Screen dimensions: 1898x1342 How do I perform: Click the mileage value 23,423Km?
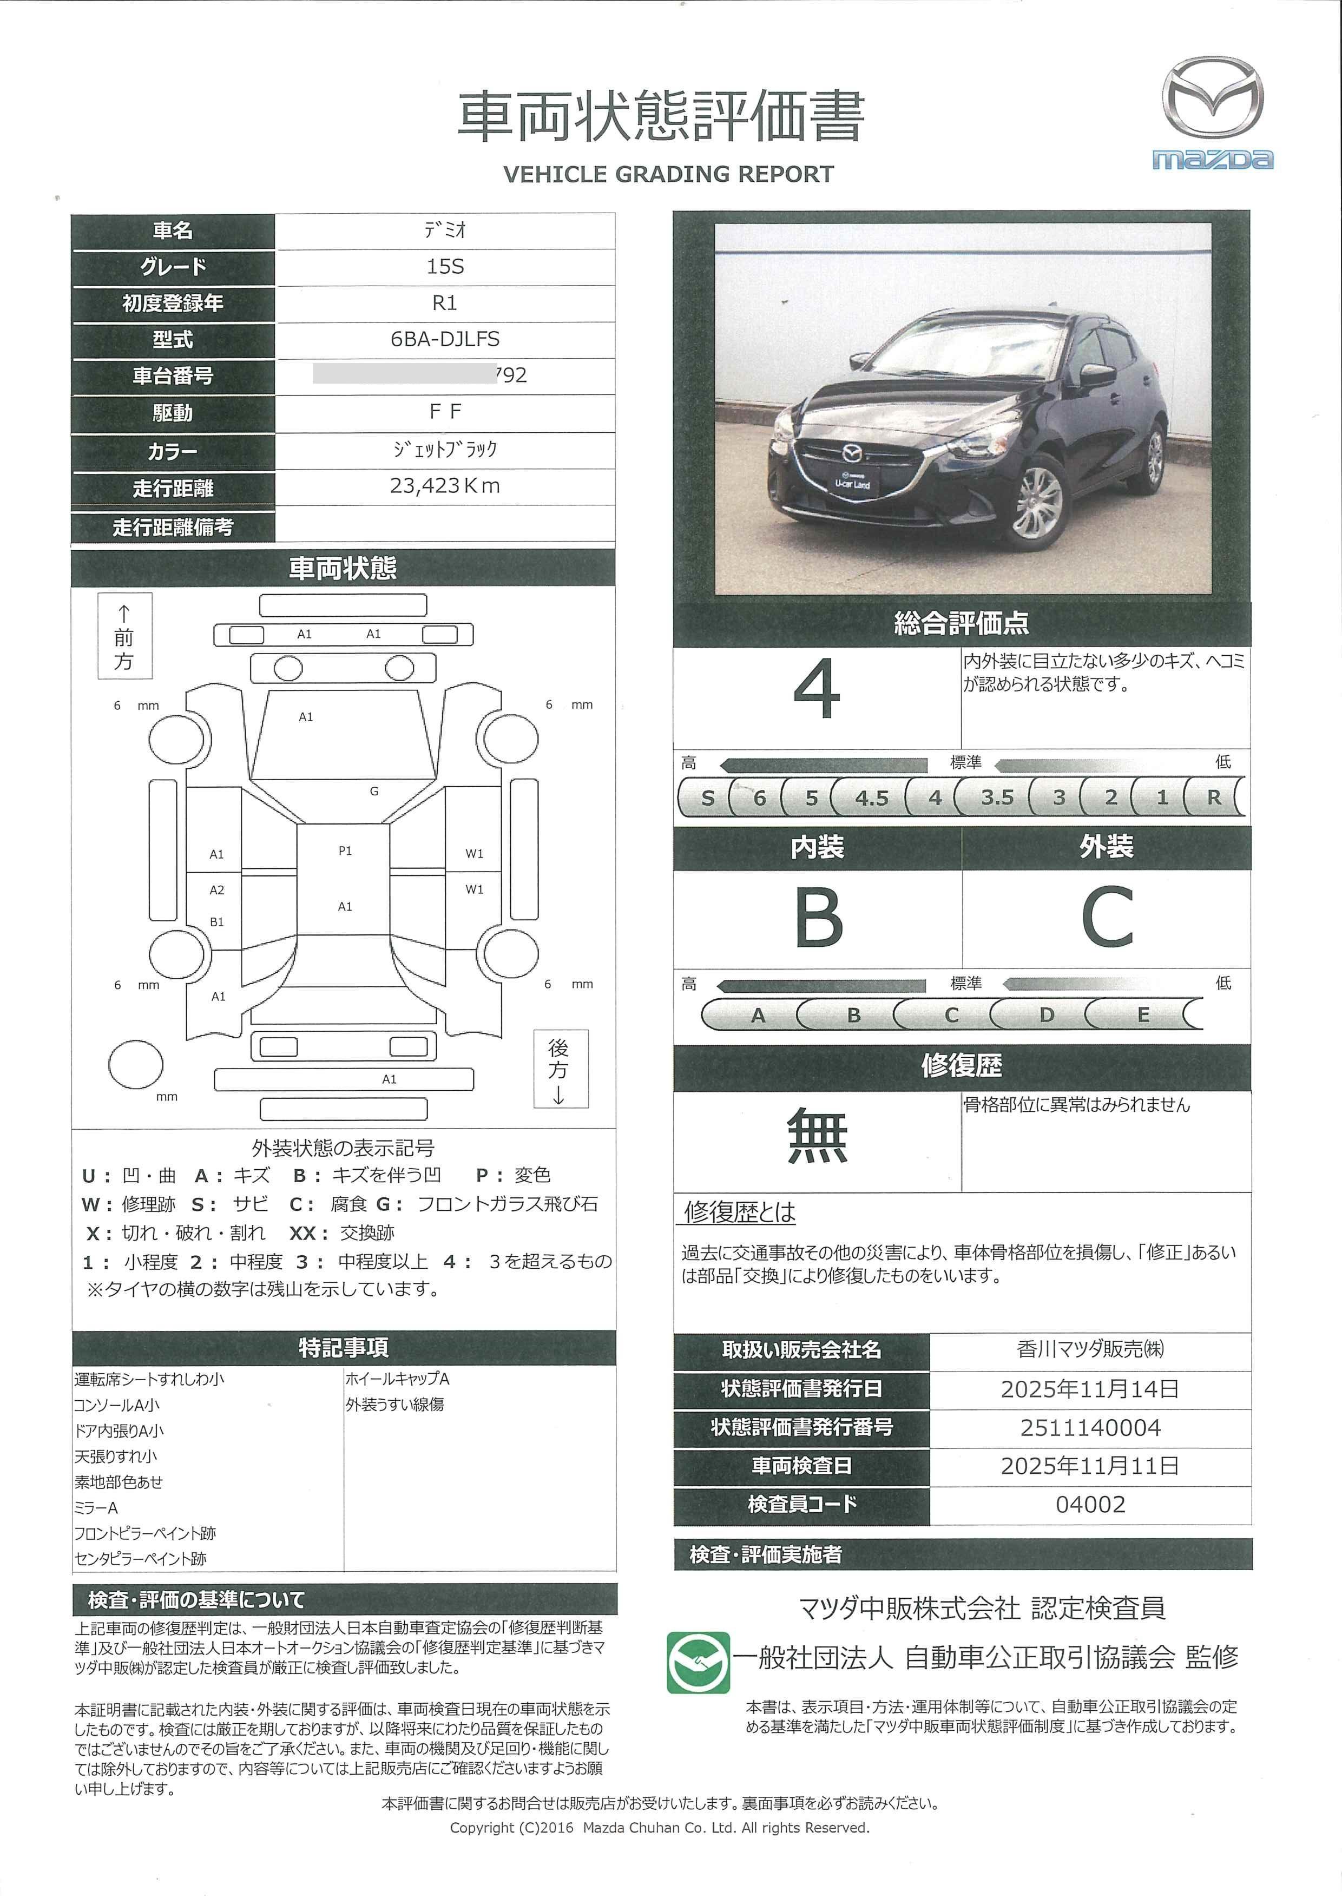click(x=445, y=486)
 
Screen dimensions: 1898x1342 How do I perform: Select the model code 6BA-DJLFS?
click(x=445, y=339)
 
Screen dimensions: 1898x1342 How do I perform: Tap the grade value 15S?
click(x=445, y=266)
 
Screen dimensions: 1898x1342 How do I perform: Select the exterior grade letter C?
click(x=1107, y=918)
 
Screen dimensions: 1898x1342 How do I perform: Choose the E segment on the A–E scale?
click(x=1143, y=1015)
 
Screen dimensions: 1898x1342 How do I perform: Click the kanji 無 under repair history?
click(x=817, y=1137)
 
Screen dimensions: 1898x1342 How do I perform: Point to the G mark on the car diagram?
click(x=374, y=791)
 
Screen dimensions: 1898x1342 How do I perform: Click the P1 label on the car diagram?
click(x=345, y=851)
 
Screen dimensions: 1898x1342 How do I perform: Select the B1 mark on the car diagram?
click(x=216, y=922)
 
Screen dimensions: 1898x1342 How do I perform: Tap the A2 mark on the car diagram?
click(x=216, y=891)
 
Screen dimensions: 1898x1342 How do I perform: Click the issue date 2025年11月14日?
click(x=1090, y=1389)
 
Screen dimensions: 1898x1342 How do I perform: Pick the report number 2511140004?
click(x=1090, y=1428)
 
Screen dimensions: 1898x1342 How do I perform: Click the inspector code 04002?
click(x=1090, y=1505)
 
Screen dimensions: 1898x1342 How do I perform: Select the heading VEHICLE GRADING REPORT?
click(x=668, y=174)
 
